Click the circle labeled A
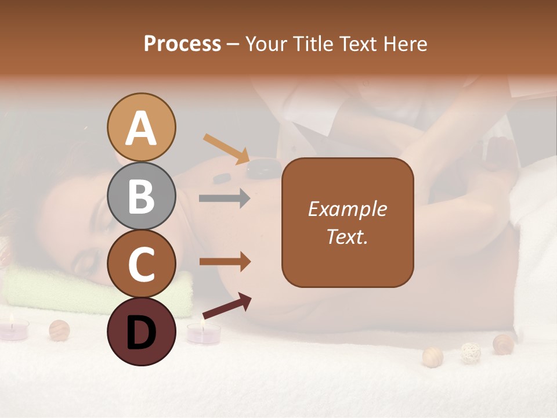click(141, 128)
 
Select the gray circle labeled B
click(141, 196)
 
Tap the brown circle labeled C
click(141, 264)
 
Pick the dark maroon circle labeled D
click(141, 331)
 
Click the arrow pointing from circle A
click(226, 149)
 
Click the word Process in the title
click(182, 44)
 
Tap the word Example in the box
click(347, 209)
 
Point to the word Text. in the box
click(347, 236)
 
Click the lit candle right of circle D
click(203, 333)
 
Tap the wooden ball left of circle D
click(59, 330)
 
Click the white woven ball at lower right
click(470, 352)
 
